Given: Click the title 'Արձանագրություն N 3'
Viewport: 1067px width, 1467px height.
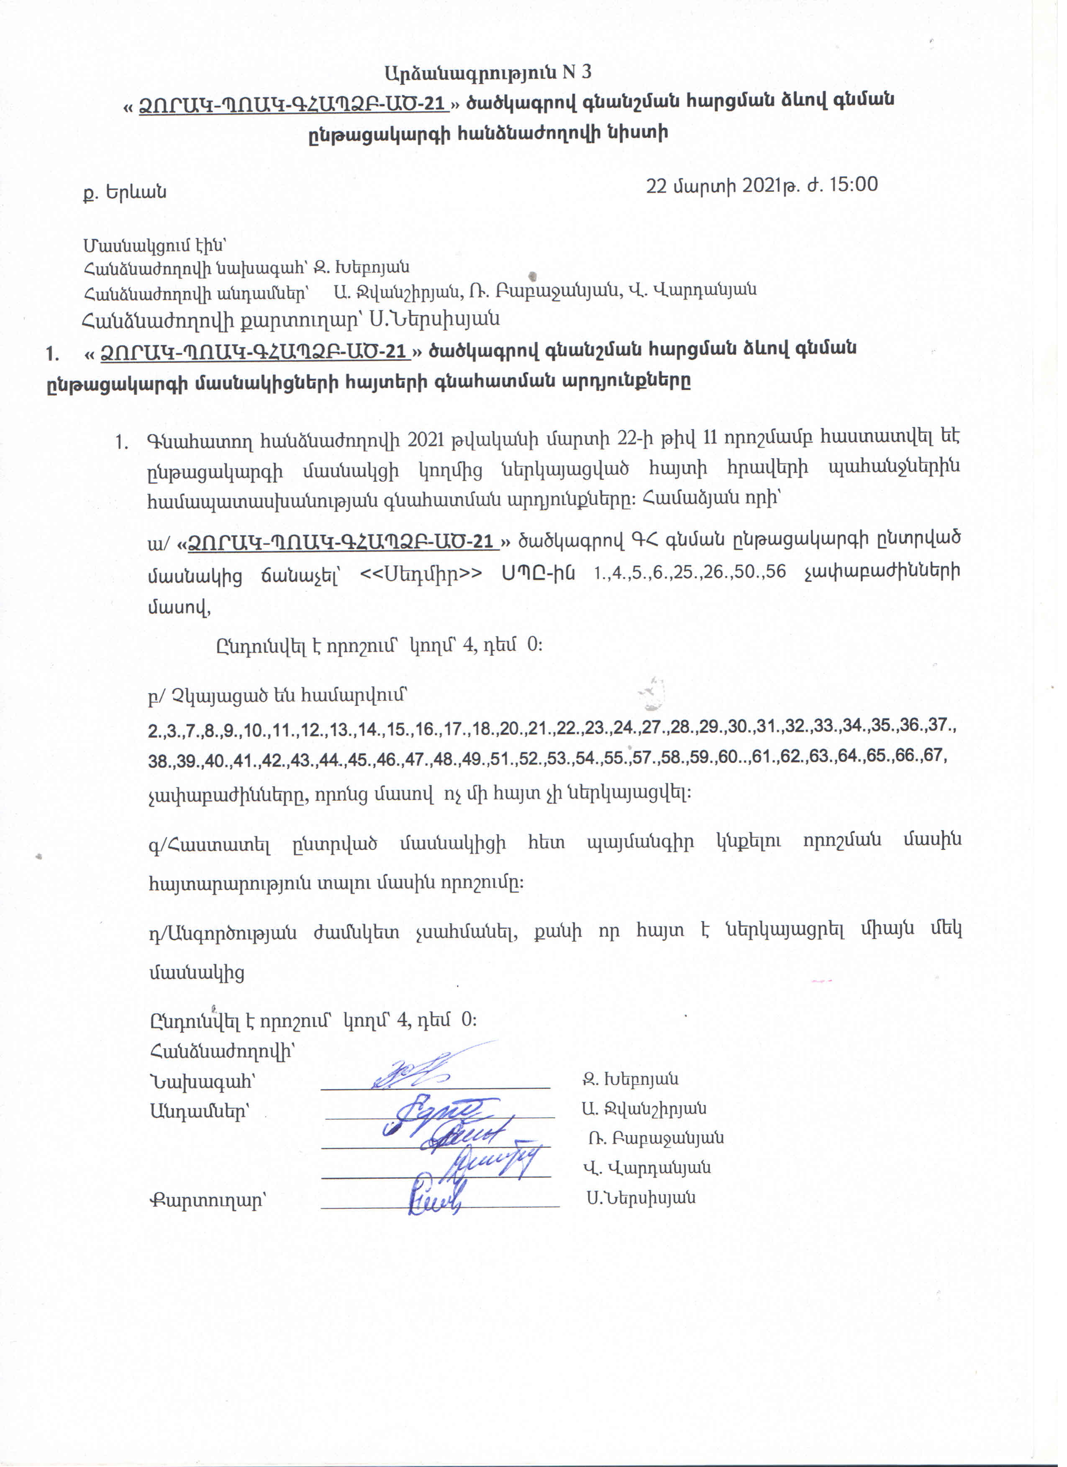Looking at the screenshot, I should click(x=487, y=72).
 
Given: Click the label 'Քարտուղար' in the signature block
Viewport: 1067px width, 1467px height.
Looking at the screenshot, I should click(x=208, y=1200).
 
